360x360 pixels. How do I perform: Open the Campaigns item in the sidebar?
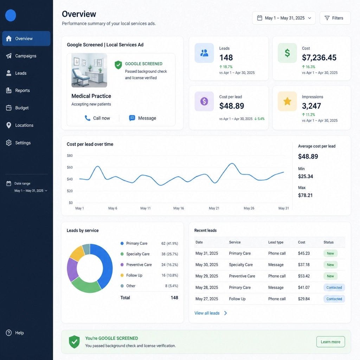21,56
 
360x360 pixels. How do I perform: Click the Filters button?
335,18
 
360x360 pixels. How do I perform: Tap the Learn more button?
330,342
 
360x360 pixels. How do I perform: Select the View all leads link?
211,313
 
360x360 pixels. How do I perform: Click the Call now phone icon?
88,118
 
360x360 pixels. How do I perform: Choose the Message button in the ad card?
143,118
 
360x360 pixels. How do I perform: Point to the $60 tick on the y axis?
70,167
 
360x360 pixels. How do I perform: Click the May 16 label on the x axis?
178,208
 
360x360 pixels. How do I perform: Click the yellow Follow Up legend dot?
122,275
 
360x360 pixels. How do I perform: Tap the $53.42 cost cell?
304,276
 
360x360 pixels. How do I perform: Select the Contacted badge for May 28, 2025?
334,288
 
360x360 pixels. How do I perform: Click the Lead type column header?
276,242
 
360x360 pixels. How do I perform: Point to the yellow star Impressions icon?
287,101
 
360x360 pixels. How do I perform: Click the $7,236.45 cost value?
319,57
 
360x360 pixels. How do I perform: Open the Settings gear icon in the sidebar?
9,143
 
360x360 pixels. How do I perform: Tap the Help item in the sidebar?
15,333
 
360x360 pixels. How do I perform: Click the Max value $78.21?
305,195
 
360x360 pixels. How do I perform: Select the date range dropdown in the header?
284,18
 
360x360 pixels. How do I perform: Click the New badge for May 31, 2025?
330,253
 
